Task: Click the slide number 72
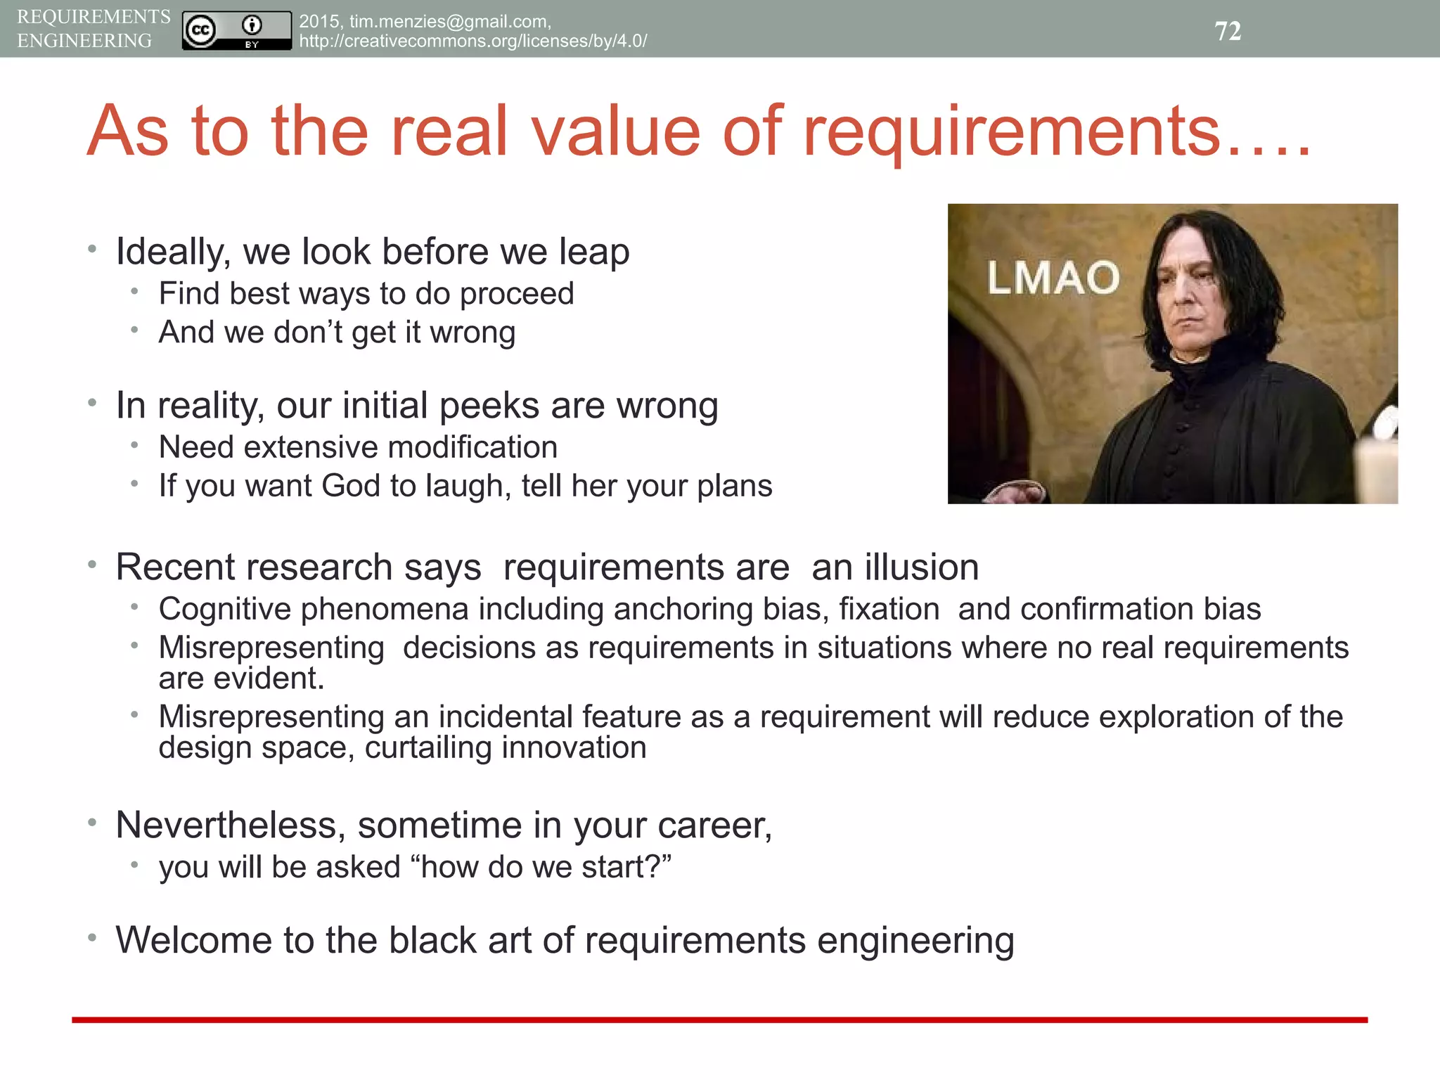click(1228, 31)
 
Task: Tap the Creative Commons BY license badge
click(236, 30)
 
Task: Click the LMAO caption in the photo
click(1053, 278)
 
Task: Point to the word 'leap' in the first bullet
click(594, 252)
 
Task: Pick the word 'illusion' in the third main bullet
click(922, 567)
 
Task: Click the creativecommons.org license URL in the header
click(472, 41)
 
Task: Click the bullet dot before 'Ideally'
click(92, 248)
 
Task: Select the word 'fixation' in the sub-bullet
click(889, 609)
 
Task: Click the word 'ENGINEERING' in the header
click(84, 41)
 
